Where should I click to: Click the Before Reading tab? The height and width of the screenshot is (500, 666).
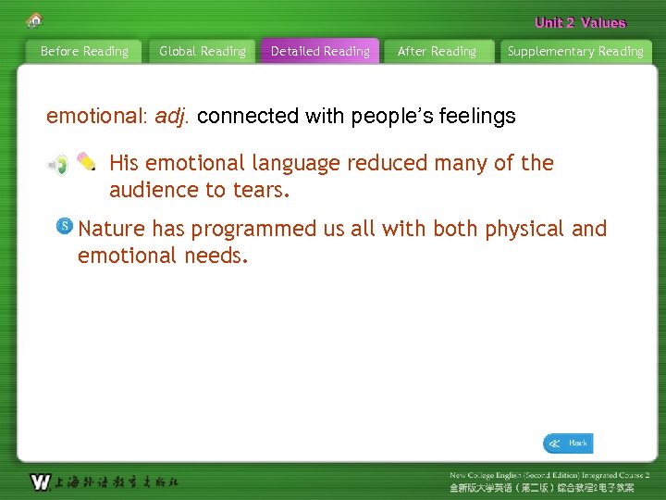pyautogui.click(x=84, y=52)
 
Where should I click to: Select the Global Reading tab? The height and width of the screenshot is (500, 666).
pyautogui.click(x=203, y=52)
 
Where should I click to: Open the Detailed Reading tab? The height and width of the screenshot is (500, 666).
pyautogui.click(x=320, y=52)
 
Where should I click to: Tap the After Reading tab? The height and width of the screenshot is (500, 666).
pyautogui.click(x=437, y=52)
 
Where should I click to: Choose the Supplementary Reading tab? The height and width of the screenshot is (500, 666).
pyautogui.click(x=574, y=52)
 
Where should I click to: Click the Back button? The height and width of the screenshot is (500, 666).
pyautogui.click(x=568, y=444)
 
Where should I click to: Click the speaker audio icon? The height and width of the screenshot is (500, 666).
pyautogui.click(x=58, y=165)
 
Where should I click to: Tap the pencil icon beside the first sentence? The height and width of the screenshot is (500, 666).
pyautogui.click(x=86, y=161)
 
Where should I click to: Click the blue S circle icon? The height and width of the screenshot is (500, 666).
pyautogui.click(x=65, y=226)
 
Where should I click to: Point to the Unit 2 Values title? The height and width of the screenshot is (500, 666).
pyautogui.click(x=580, y=23)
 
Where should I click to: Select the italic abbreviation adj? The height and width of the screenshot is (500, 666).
pyautogui.click(x=172, y=117)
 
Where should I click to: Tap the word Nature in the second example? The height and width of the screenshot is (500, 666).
pyautogui.click(x=112, y=229)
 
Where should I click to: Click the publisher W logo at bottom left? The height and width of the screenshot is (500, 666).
pyautogui.click(x=40, y=481)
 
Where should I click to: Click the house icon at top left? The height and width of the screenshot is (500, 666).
pyautogui.click(x=34, y=19)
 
